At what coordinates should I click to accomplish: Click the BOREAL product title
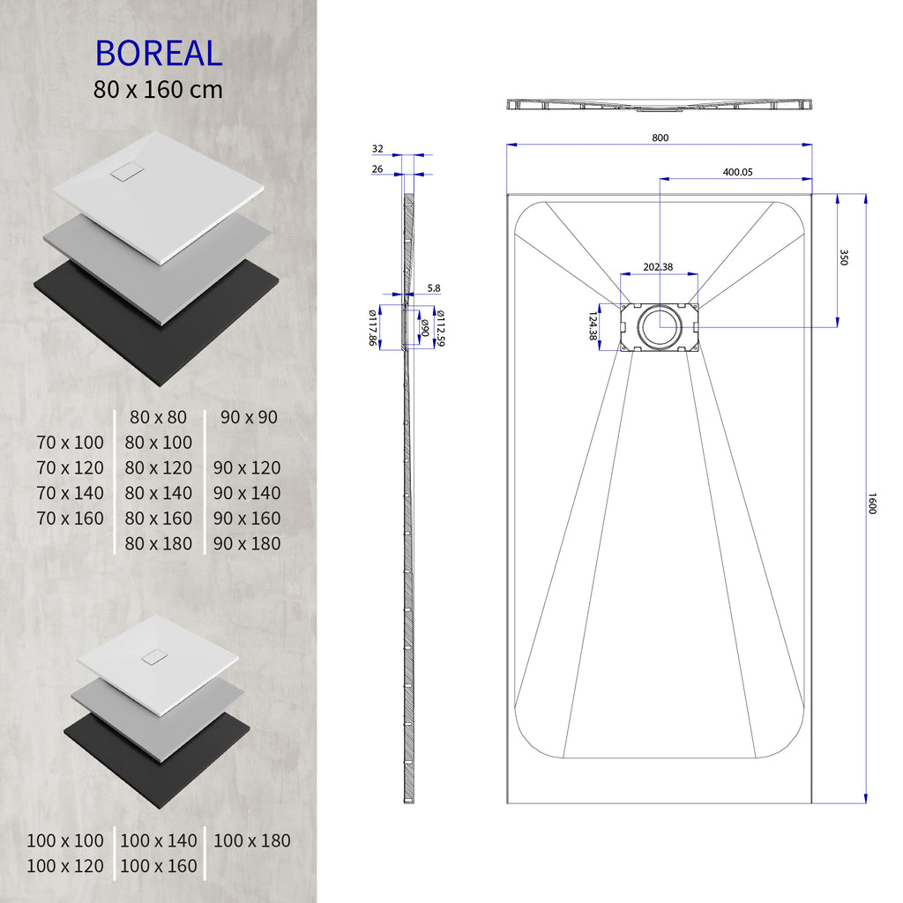(158, 53)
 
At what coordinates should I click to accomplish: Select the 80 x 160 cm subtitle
(158, 89)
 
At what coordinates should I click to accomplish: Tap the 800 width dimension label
(660, 138)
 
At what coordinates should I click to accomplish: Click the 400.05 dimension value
(737, 173)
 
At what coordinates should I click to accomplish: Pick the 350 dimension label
(843, 257)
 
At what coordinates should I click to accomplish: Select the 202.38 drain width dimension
(658, 266)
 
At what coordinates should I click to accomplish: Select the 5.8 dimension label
(433, 287)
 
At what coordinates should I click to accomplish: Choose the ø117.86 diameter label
(372, 327)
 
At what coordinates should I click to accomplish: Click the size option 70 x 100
(71, 442)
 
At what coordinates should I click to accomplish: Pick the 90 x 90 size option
(249, 417)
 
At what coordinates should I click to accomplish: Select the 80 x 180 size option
(159, 543)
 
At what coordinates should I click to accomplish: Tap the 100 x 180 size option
(251, 840)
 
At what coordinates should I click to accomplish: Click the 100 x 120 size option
(65, 866)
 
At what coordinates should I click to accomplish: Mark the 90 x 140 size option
(247, 493)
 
